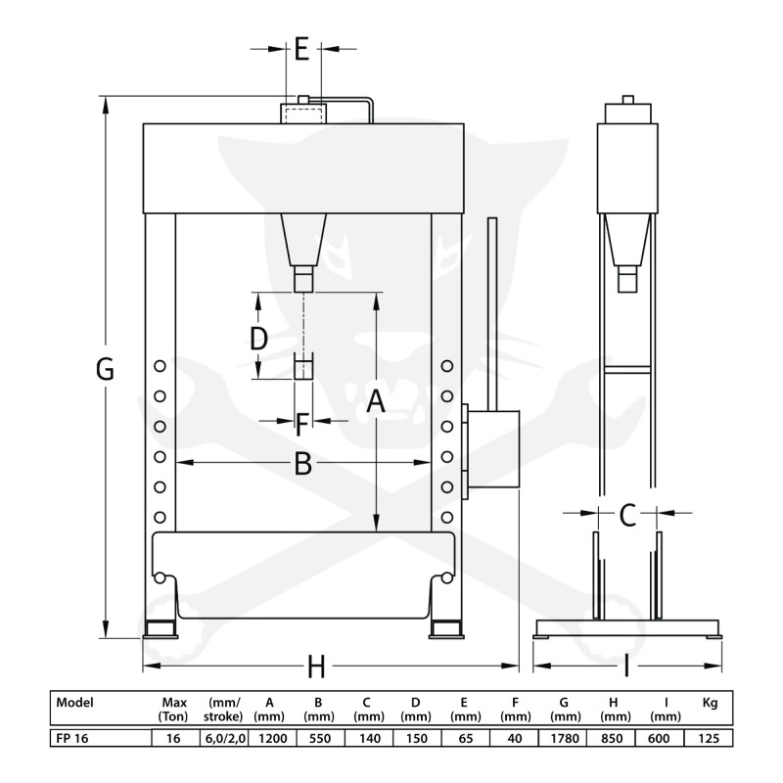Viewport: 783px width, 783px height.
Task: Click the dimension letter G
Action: pos(105,370)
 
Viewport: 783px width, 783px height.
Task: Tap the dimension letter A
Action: pos(375,402)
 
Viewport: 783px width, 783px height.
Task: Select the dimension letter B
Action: pos(303,464)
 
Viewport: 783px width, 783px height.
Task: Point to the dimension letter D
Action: pos(257,339)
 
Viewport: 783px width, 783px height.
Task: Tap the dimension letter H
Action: pos(316,668)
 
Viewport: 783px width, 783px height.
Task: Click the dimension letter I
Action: pos(626,668)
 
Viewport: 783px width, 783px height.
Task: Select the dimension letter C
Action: pos(627,512)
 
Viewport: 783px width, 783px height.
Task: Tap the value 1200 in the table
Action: pos(270,739)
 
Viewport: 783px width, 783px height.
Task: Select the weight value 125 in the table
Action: pos(710,739)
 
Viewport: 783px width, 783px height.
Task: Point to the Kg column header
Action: pos(710,703)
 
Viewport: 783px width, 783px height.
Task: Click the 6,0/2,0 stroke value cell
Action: pos(225,739)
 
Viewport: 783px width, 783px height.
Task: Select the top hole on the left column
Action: pos(159,366)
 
